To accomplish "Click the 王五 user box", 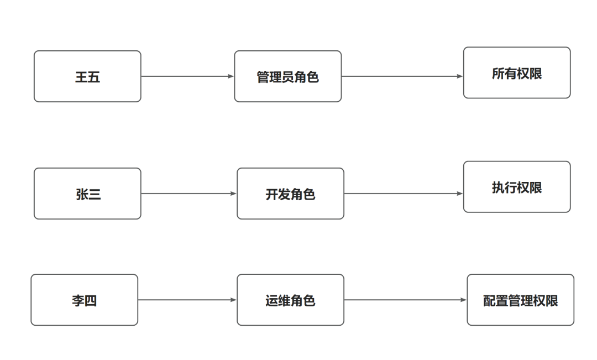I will [x=87, y=76].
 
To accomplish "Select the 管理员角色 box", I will [x=287, y=76].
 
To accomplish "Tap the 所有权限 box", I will [x=516, y=72].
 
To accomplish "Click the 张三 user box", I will [x=87, y=194].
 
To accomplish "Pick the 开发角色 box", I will [x=290, y=194].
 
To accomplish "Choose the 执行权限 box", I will [x=516, y=187].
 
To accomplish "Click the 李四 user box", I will [x=84, y=300].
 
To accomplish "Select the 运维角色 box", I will [x=290, y=300].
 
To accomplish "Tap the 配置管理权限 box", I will [x=520, y=300].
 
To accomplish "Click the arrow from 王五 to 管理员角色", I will [x=187, y=76].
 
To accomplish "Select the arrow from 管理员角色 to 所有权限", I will [x=402, y=76].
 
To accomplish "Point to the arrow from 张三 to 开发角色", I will [x=188, y=194].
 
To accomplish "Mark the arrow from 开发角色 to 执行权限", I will [x=403, y=194].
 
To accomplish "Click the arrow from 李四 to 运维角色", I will [x=187, y=300].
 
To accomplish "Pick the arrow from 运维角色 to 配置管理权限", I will [x=405, y=300].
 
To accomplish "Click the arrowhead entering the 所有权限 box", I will [x=460, y=76].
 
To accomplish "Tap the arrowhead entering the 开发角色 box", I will [x=234, y=194].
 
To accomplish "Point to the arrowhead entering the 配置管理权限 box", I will [x=464, y=300].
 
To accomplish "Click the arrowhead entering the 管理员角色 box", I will [x=231, y=76].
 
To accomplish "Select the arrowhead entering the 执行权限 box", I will [x=460, y=194].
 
